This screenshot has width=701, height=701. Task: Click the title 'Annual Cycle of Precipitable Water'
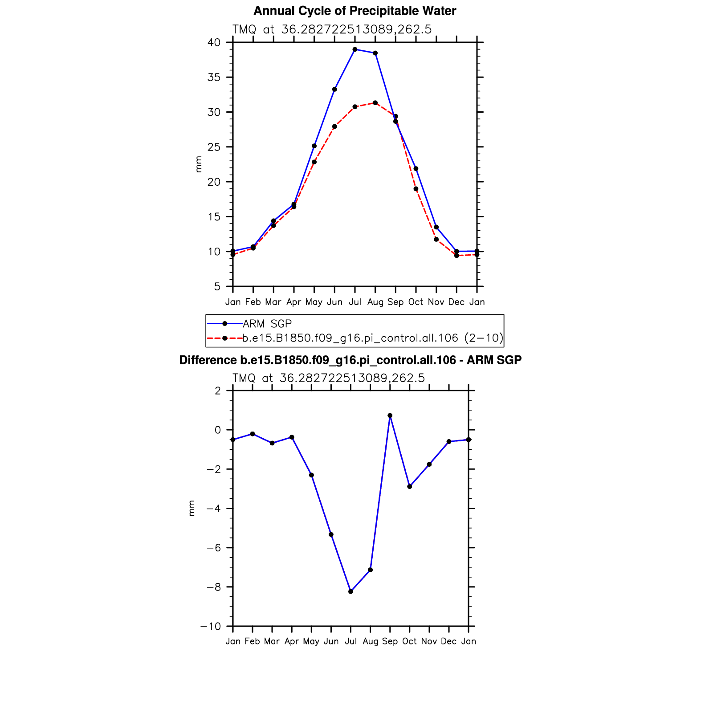point(355,11)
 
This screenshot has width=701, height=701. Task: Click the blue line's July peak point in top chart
point(355,49)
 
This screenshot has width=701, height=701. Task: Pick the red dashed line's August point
point(375,103)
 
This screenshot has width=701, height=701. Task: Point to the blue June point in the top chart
point(334,90)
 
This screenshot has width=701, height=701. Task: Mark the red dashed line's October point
point(416,189)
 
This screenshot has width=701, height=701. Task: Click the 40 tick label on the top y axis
point(214,43)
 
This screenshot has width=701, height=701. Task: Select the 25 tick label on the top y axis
point(214,147)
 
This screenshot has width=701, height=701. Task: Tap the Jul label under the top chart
point(355,302)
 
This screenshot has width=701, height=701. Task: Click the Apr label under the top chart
point(294,302)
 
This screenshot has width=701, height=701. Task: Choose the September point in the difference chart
point(390,416)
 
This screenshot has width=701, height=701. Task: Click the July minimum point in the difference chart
point(351,591)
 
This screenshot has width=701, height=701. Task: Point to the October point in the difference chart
point(410,486)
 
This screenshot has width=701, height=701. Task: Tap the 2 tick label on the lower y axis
point(218,391)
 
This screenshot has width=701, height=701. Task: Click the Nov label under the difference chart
point(429,641)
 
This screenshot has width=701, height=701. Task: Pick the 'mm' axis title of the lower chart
point(192,508)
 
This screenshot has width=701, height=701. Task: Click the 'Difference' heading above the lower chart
point(350,360)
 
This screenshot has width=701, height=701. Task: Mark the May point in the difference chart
point(311,475)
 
